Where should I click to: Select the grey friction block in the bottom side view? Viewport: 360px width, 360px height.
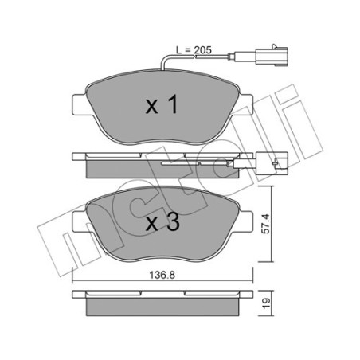163,306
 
